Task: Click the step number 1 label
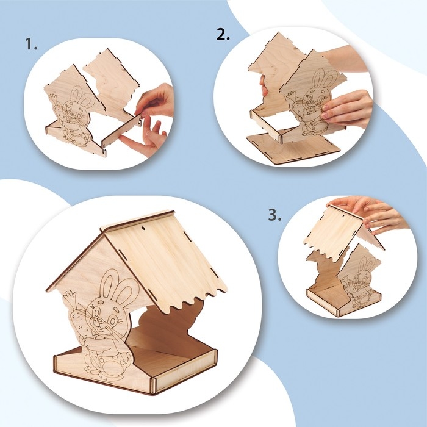pos(31,44)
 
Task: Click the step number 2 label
pos(223,34)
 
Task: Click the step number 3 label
pos(274,215)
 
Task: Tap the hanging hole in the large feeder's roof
pos(143,226)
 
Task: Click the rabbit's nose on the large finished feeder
pos(100,320)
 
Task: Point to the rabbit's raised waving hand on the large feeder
pos(70,296)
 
